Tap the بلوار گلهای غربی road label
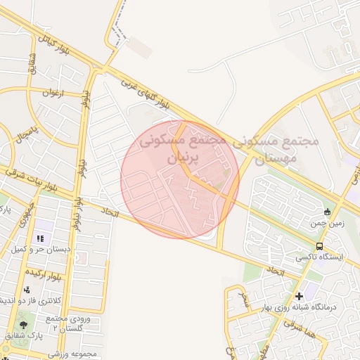(141, 91)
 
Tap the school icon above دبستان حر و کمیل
(39, 239)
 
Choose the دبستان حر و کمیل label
(39, 250)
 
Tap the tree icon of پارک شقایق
(24, 324)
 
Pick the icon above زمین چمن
(327, 212)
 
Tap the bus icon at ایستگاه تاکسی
(320, 247)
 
